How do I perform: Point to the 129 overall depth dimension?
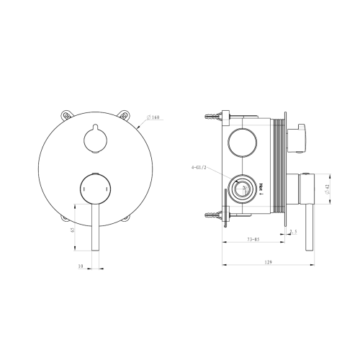click(268, 262)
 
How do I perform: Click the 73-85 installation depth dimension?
click(252, 238)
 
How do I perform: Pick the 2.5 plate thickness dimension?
click(293, 231)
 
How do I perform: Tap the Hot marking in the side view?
click(261, 189)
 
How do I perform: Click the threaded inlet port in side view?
click(243, 190)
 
